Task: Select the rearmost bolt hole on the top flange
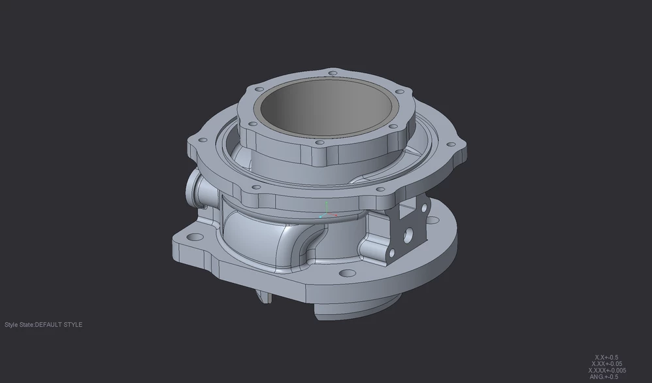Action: tap(333, 73)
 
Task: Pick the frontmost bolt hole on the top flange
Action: tap(319, 142)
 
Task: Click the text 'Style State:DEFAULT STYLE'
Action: tap(44, 325)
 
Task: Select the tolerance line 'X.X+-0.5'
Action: tap(606, 358)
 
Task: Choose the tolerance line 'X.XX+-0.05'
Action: tap(606, 364)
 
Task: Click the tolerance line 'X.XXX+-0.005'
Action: tap(606, 371)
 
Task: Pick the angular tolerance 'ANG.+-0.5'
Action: tap(604, 377)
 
